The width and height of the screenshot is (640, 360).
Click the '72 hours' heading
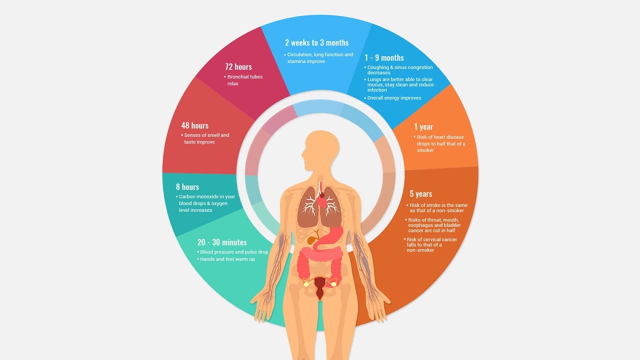pyautogui.click(x=238, y=67)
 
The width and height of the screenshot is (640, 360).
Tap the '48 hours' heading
pyautogui.click(x=195, y=125)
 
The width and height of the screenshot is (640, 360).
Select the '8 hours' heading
pyautogui.click(x=187, y=187)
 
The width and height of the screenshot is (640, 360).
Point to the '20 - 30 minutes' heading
pyautogui.click(x=222, y=242)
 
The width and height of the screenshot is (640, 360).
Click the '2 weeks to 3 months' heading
pyautogui.click(x=317, y=43)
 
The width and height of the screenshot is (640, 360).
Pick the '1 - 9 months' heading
pyautogui.click(x=384, y=58)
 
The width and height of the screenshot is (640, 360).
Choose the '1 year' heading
pyautogui.click(x=423, y=127)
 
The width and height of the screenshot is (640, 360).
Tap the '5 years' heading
pyautogui.click(x=421, y=194)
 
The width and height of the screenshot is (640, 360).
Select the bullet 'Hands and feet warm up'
pyautogui.click(x=227, y=259)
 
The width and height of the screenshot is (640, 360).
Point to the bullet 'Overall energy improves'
pyautogui.click(x=394, y=98)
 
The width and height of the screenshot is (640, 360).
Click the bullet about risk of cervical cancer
pyautogui.click(x=431, y=245)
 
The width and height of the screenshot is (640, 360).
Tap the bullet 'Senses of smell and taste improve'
pyautogui.click(x=206, y=138)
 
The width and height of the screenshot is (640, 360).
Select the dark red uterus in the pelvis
pyautogui.click(x=320, y=287)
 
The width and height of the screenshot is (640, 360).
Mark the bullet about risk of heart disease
pyautogui.click(x=440, y=143)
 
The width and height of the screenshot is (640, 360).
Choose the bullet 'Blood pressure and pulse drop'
pyautogui.click(x=233, y=252)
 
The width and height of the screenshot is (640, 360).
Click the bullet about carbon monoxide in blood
pyautogui.click(x=206, y=203)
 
